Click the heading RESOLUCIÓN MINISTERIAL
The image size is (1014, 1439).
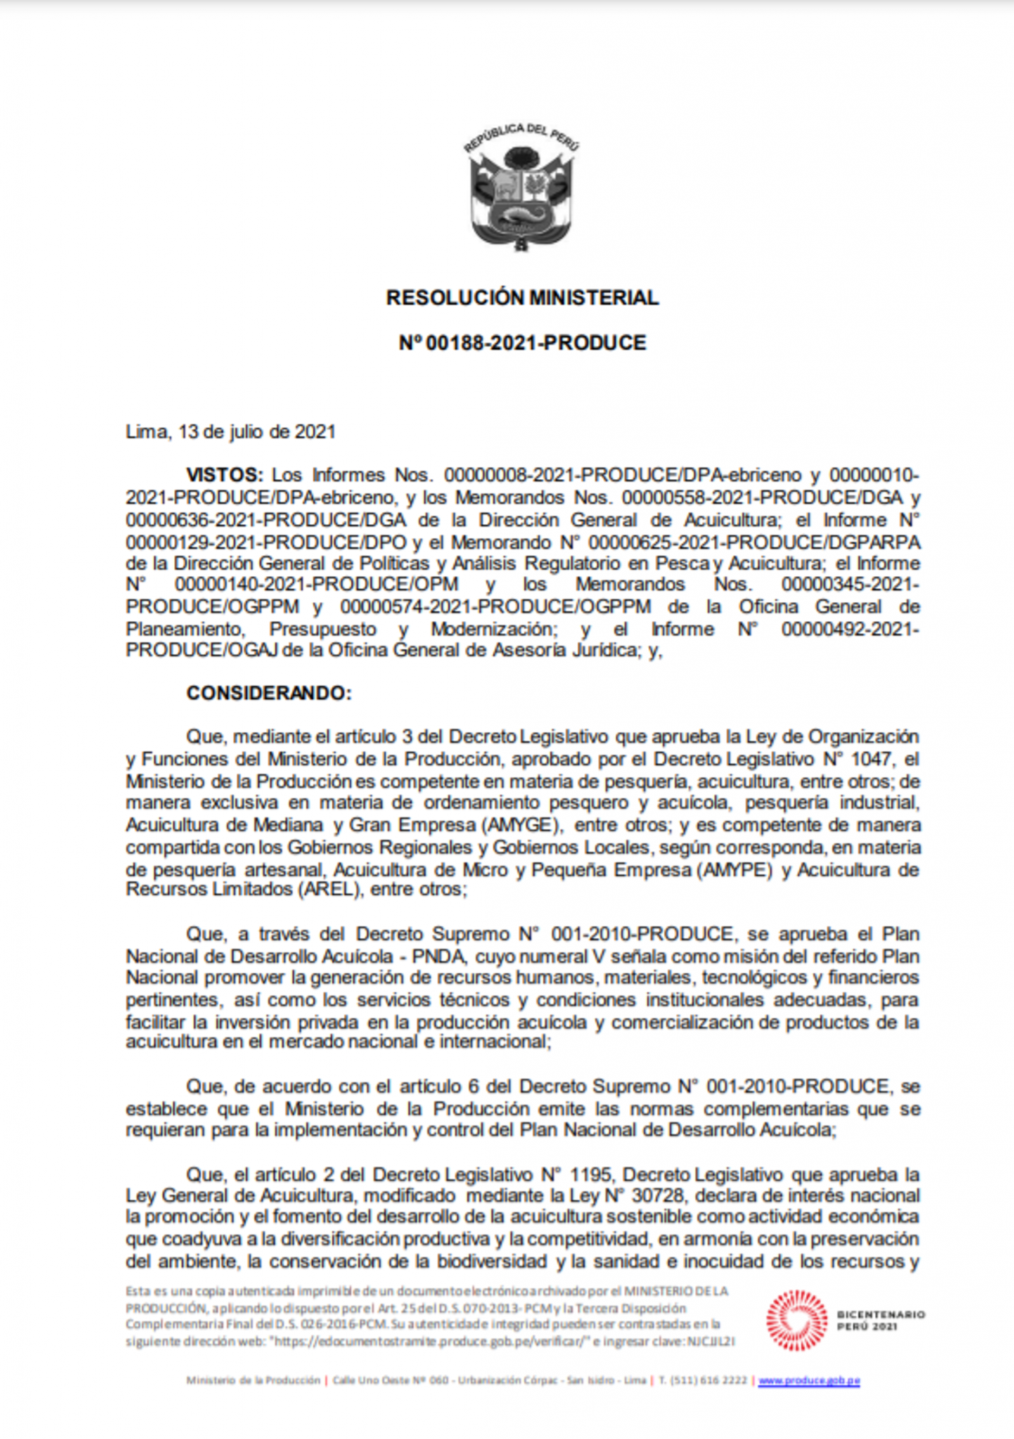522,298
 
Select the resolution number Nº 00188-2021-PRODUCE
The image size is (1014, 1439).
522,343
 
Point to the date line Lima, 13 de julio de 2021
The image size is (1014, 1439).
230,431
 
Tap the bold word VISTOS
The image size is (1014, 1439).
224,476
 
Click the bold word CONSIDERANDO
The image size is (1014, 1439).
268,694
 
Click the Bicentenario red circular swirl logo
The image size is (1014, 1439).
796,1322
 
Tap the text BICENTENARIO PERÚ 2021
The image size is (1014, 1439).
881,1320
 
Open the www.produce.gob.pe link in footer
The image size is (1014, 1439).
809,1381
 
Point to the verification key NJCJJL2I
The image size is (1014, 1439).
711,1341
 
